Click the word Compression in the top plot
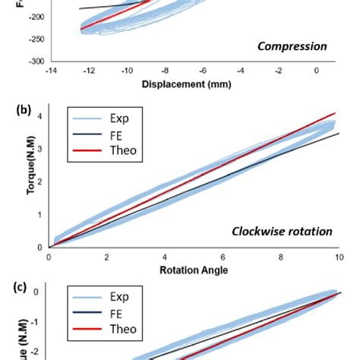(292, 46)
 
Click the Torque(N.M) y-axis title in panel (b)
(16, 177)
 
